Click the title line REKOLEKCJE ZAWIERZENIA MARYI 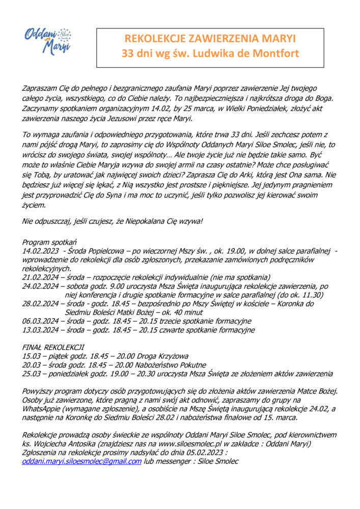[210, 39]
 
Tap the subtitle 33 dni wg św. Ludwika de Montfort [210, 53]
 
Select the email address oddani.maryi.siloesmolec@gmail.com [82, 461]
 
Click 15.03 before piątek [32, 356]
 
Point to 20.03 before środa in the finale [32, 365]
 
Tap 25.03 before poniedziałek [32, 374]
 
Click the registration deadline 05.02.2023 [204, 453]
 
